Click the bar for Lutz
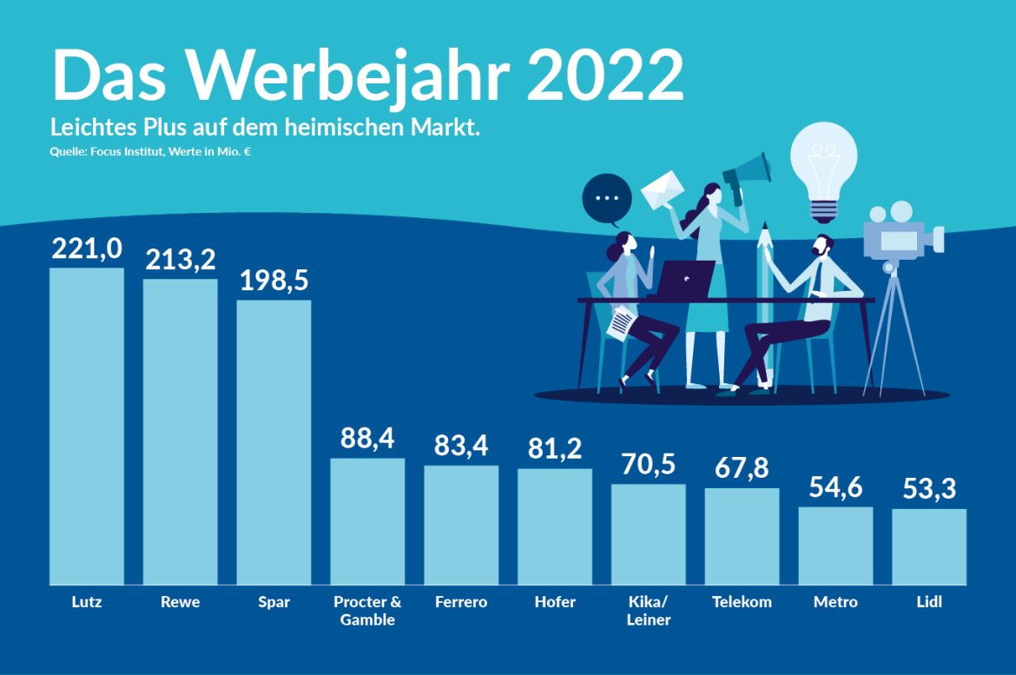tap(86, 426)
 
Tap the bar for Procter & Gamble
tap(367, 521)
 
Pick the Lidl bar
tap(929, 546)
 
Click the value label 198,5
tap(274, 282)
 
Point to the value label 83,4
tap(461, 447)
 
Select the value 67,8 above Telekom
tap(742, 469)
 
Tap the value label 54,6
tap(835, 488)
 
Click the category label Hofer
tap(555, 602)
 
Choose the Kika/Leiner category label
tap(648, 611)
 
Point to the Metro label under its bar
tap(835, 602)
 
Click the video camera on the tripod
tap(903, 235)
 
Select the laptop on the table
tap(685, 278)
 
